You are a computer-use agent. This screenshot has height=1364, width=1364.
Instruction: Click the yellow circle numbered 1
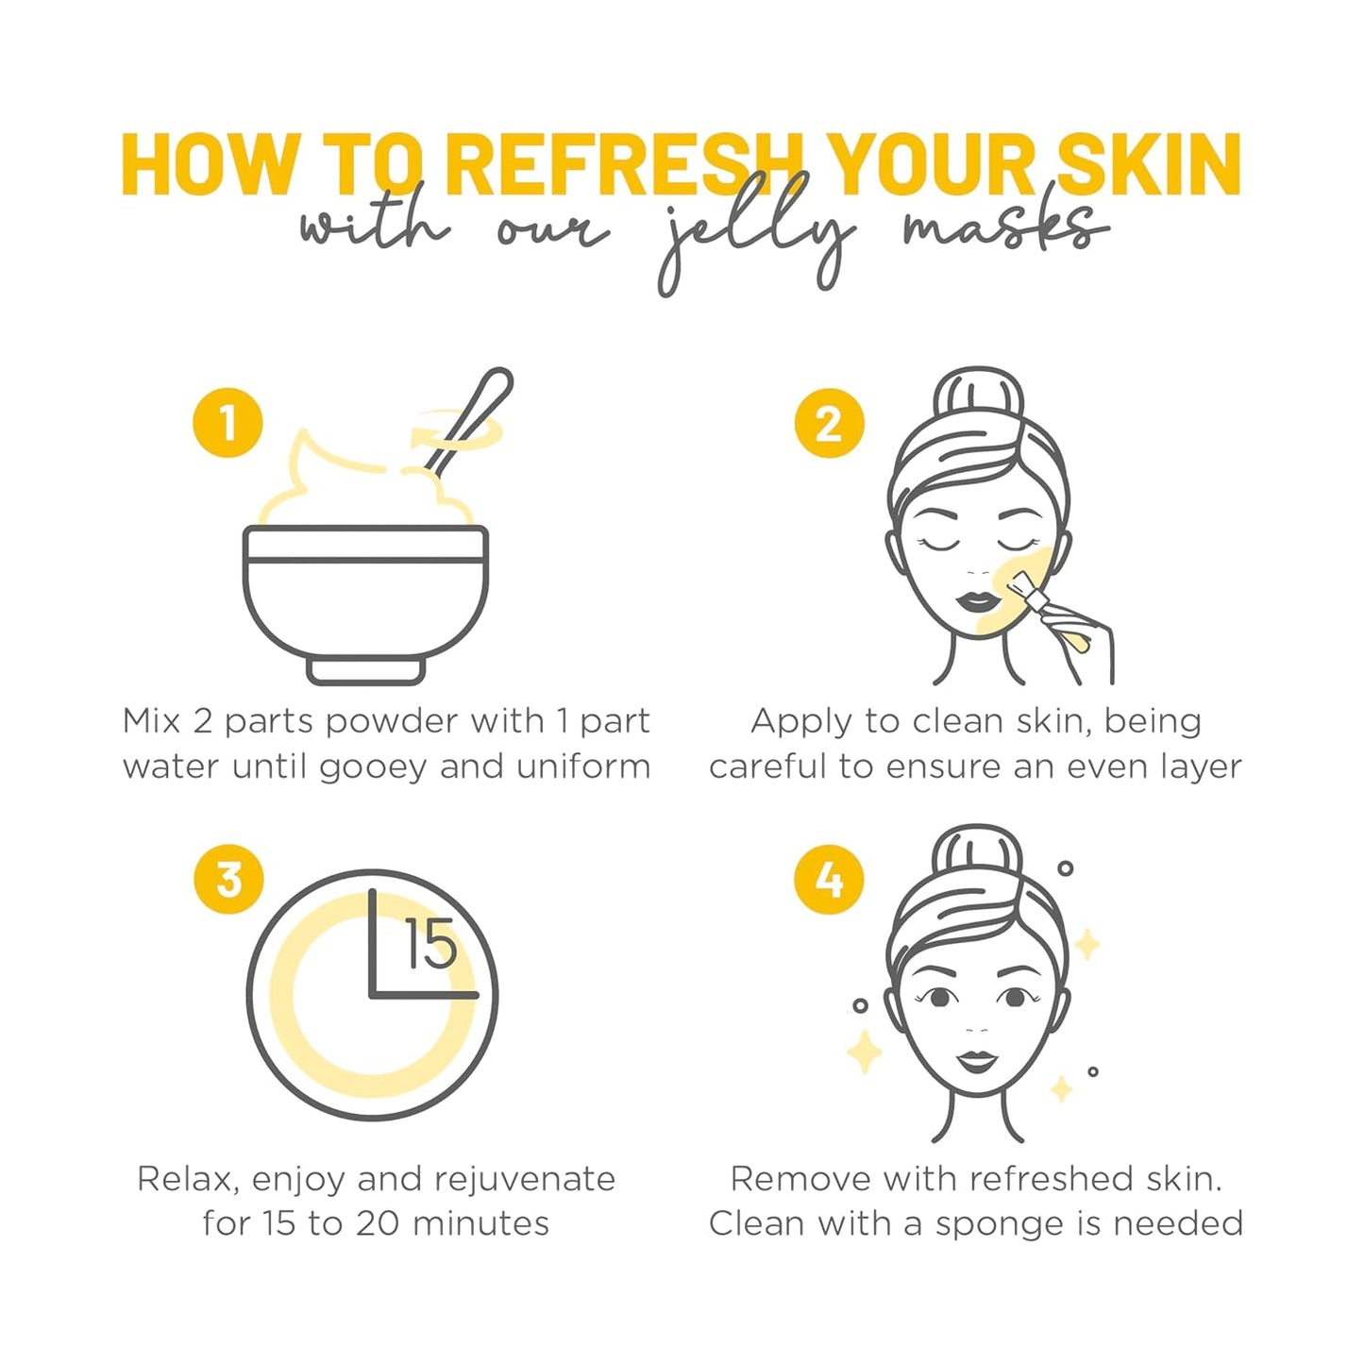(x=227, y=423)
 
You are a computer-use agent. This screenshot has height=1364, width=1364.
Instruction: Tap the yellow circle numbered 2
(x=829, y=423)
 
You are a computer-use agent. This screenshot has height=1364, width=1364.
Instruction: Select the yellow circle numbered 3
(x=228, y=879)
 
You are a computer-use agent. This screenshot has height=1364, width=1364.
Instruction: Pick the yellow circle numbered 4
(x=829, y=880)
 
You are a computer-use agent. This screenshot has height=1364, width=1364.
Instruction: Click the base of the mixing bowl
(x=366, y=670)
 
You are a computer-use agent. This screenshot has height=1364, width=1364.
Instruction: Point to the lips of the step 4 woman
(x=977, y=1061)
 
